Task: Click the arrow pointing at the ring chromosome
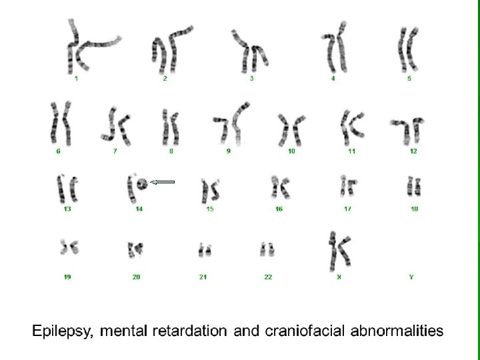pos(161,182)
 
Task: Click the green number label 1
pos(77,79)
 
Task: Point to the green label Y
pos(411,277)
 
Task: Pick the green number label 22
pos(268,277)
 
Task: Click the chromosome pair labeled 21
pos(204,251)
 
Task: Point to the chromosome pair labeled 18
pos(413,186)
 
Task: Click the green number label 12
pos(413,151)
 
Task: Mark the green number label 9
pos(229,151)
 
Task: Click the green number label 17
pos(348,209)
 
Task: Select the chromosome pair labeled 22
pos(268,251)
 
